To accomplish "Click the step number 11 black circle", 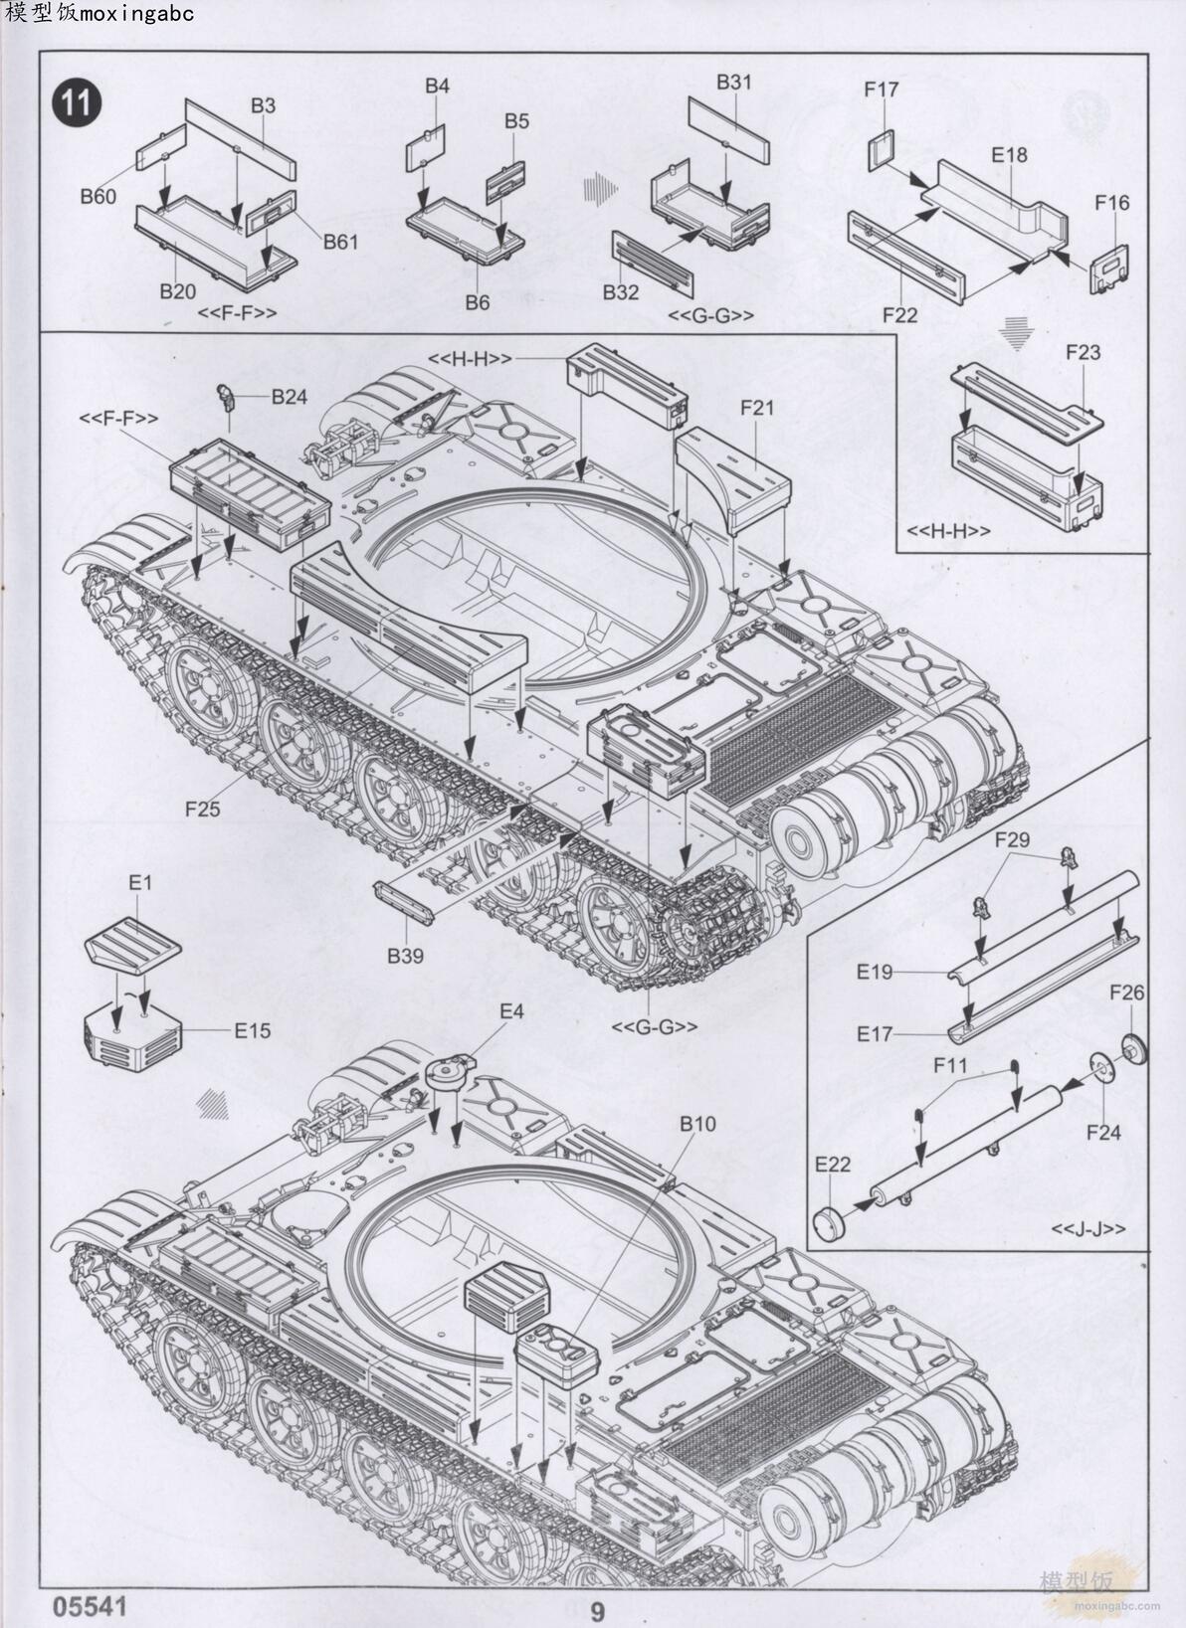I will point(77,103).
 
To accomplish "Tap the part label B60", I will point(99,196).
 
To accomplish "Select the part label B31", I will point(734,83).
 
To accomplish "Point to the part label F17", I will point(881,90).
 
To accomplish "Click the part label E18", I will point(1009,155).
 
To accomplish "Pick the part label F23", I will point(1083,352).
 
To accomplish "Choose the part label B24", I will point(290,397).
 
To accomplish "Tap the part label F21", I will point(756,407).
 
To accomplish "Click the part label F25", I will point(202,809).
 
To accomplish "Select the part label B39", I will point(405,956).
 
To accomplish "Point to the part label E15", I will point(253,1030).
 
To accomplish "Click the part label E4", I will point(510,1011).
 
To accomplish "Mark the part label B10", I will point(697,1124).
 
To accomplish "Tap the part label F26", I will point(1126,993).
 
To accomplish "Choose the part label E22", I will point(833,1164).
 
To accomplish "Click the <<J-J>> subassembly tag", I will point(1088,1229).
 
